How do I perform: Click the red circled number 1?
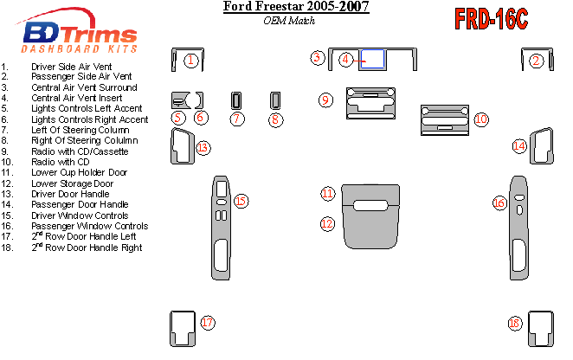(x=190, y=60)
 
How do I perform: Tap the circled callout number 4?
(x=345, y=59)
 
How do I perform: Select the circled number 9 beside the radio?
(x=325, y=100)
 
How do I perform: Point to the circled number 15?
(x=241, y=201)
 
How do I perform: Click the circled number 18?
(x=515, y=324)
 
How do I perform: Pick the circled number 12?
(x=326, y=223)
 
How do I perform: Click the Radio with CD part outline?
(x=444, y=119)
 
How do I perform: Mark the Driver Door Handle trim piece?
(x=183, y=145)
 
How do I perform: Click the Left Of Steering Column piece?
(x=237, y=100)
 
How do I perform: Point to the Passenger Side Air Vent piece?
(x=526, y=60)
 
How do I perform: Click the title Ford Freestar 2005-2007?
(x=296, y=8)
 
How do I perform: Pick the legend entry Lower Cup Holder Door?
(x=79, y=172)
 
